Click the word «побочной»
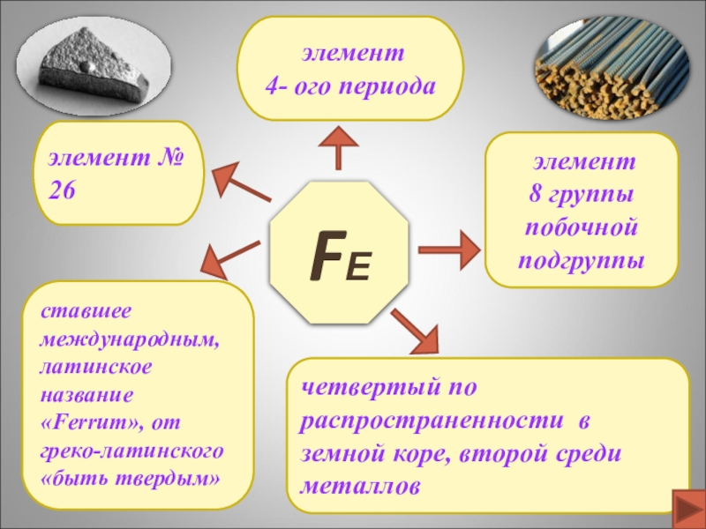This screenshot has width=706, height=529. (x=582, y=227)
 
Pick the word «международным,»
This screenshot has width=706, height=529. (x=132, y=339)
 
